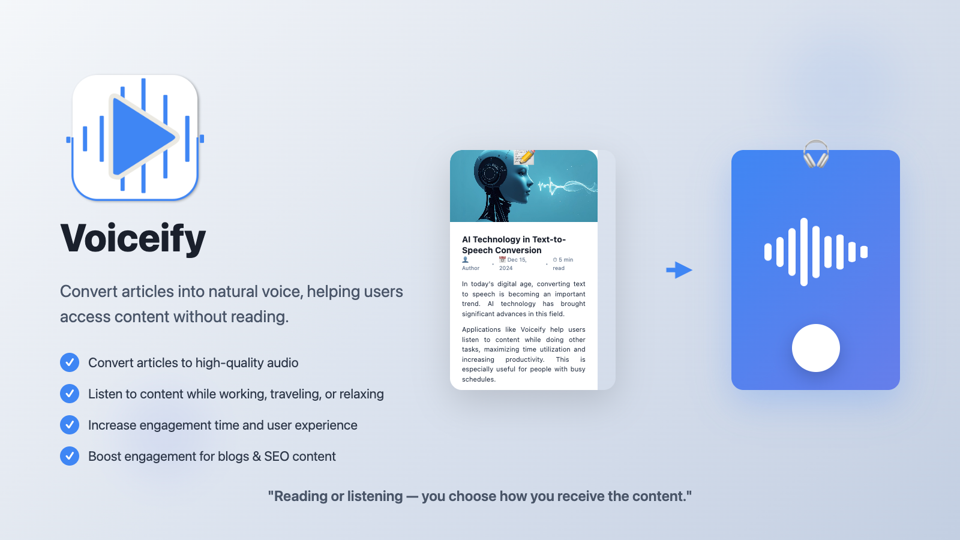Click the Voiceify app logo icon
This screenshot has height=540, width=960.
pos(135,137)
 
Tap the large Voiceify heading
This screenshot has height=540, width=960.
pos(133,238)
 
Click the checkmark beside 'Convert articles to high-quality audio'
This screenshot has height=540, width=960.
pos(70,362)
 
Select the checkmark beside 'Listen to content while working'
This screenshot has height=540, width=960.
pos(70,394)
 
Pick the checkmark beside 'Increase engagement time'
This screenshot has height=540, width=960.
pos(70,425)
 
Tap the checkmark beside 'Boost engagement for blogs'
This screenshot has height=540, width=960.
pos(70,456)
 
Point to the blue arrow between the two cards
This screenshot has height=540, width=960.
pos(679,270)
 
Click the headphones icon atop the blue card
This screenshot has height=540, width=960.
pos(815,154)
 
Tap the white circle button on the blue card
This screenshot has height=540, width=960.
pos(815,348)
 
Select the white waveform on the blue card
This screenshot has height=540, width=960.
pos(815,252)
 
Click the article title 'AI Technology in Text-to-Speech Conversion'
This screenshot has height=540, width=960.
pos(514,245)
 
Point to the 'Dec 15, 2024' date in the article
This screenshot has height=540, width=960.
pos(513,264)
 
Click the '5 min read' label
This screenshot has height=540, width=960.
pos(563,264)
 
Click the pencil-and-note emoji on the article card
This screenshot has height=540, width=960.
pos(524,157)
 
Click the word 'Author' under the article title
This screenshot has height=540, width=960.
pos(470,268)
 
